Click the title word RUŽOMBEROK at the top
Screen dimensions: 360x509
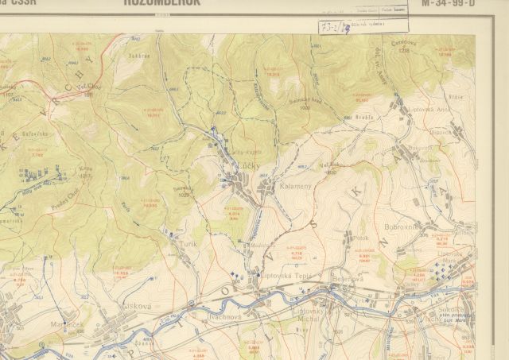[x=162, y=3]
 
